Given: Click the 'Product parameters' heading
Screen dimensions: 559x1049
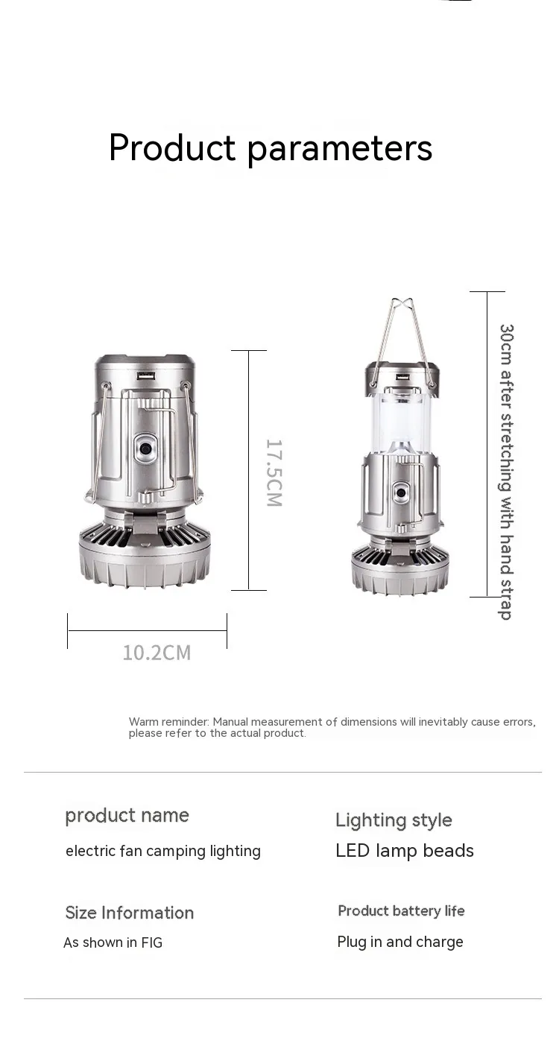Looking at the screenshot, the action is (x=271, y=148).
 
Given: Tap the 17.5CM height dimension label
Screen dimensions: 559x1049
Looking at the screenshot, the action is (x=274, y=472).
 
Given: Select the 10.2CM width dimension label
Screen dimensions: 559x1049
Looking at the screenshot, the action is (x=157, y=653).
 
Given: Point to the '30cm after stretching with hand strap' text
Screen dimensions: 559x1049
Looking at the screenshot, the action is (x=506, y=472).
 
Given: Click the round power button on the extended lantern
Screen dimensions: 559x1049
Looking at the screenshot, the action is (x=401, y=492).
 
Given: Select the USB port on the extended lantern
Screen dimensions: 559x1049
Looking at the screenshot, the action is (x=402, y=377).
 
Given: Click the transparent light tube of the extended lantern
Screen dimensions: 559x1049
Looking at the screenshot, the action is (x=402, y=421).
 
